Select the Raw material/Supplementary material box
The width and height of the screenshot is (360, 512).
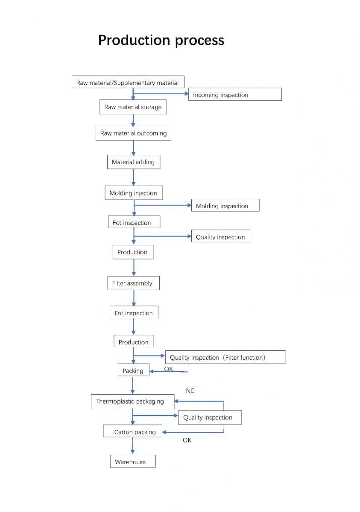[128, 82]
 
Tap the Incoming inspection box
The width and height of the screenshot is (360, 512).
[235, 95]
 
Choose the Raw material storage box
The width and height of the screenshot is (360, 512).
[133, 107]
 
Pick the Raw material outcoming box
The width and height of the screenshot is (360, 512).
[133, 133]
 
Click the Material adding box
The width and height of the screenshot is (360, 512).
[133, 162]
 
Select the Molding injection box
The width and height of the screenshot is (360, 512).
[133, 193]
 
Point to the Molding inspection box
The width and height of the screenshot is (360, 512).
[225, 206]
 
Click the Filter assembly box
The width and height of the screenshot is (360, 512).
[133, 283]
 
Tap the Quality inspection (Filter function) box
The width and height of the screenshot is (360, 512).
[225, 357]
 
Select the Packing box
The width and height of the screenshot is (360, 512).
[133, 370]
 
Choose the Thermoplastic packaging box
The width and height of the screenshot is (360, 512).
[132, 401]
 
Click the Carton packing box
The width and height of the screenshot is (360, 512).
[132, 431]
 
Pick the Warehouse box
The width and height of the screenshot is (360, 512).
[132, 462]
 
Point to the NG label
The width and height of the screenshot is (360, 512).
[190, 390]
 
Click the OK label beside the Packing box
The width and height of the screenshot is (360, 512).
[169, 369]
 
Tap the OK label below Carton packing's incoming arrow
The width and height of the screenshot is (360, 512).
[187, 440]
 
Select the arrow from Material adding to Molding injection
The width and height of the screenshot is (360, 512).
[133, 177]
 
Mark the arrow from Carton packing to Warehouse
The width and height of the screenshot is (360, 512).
[133, 446]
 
